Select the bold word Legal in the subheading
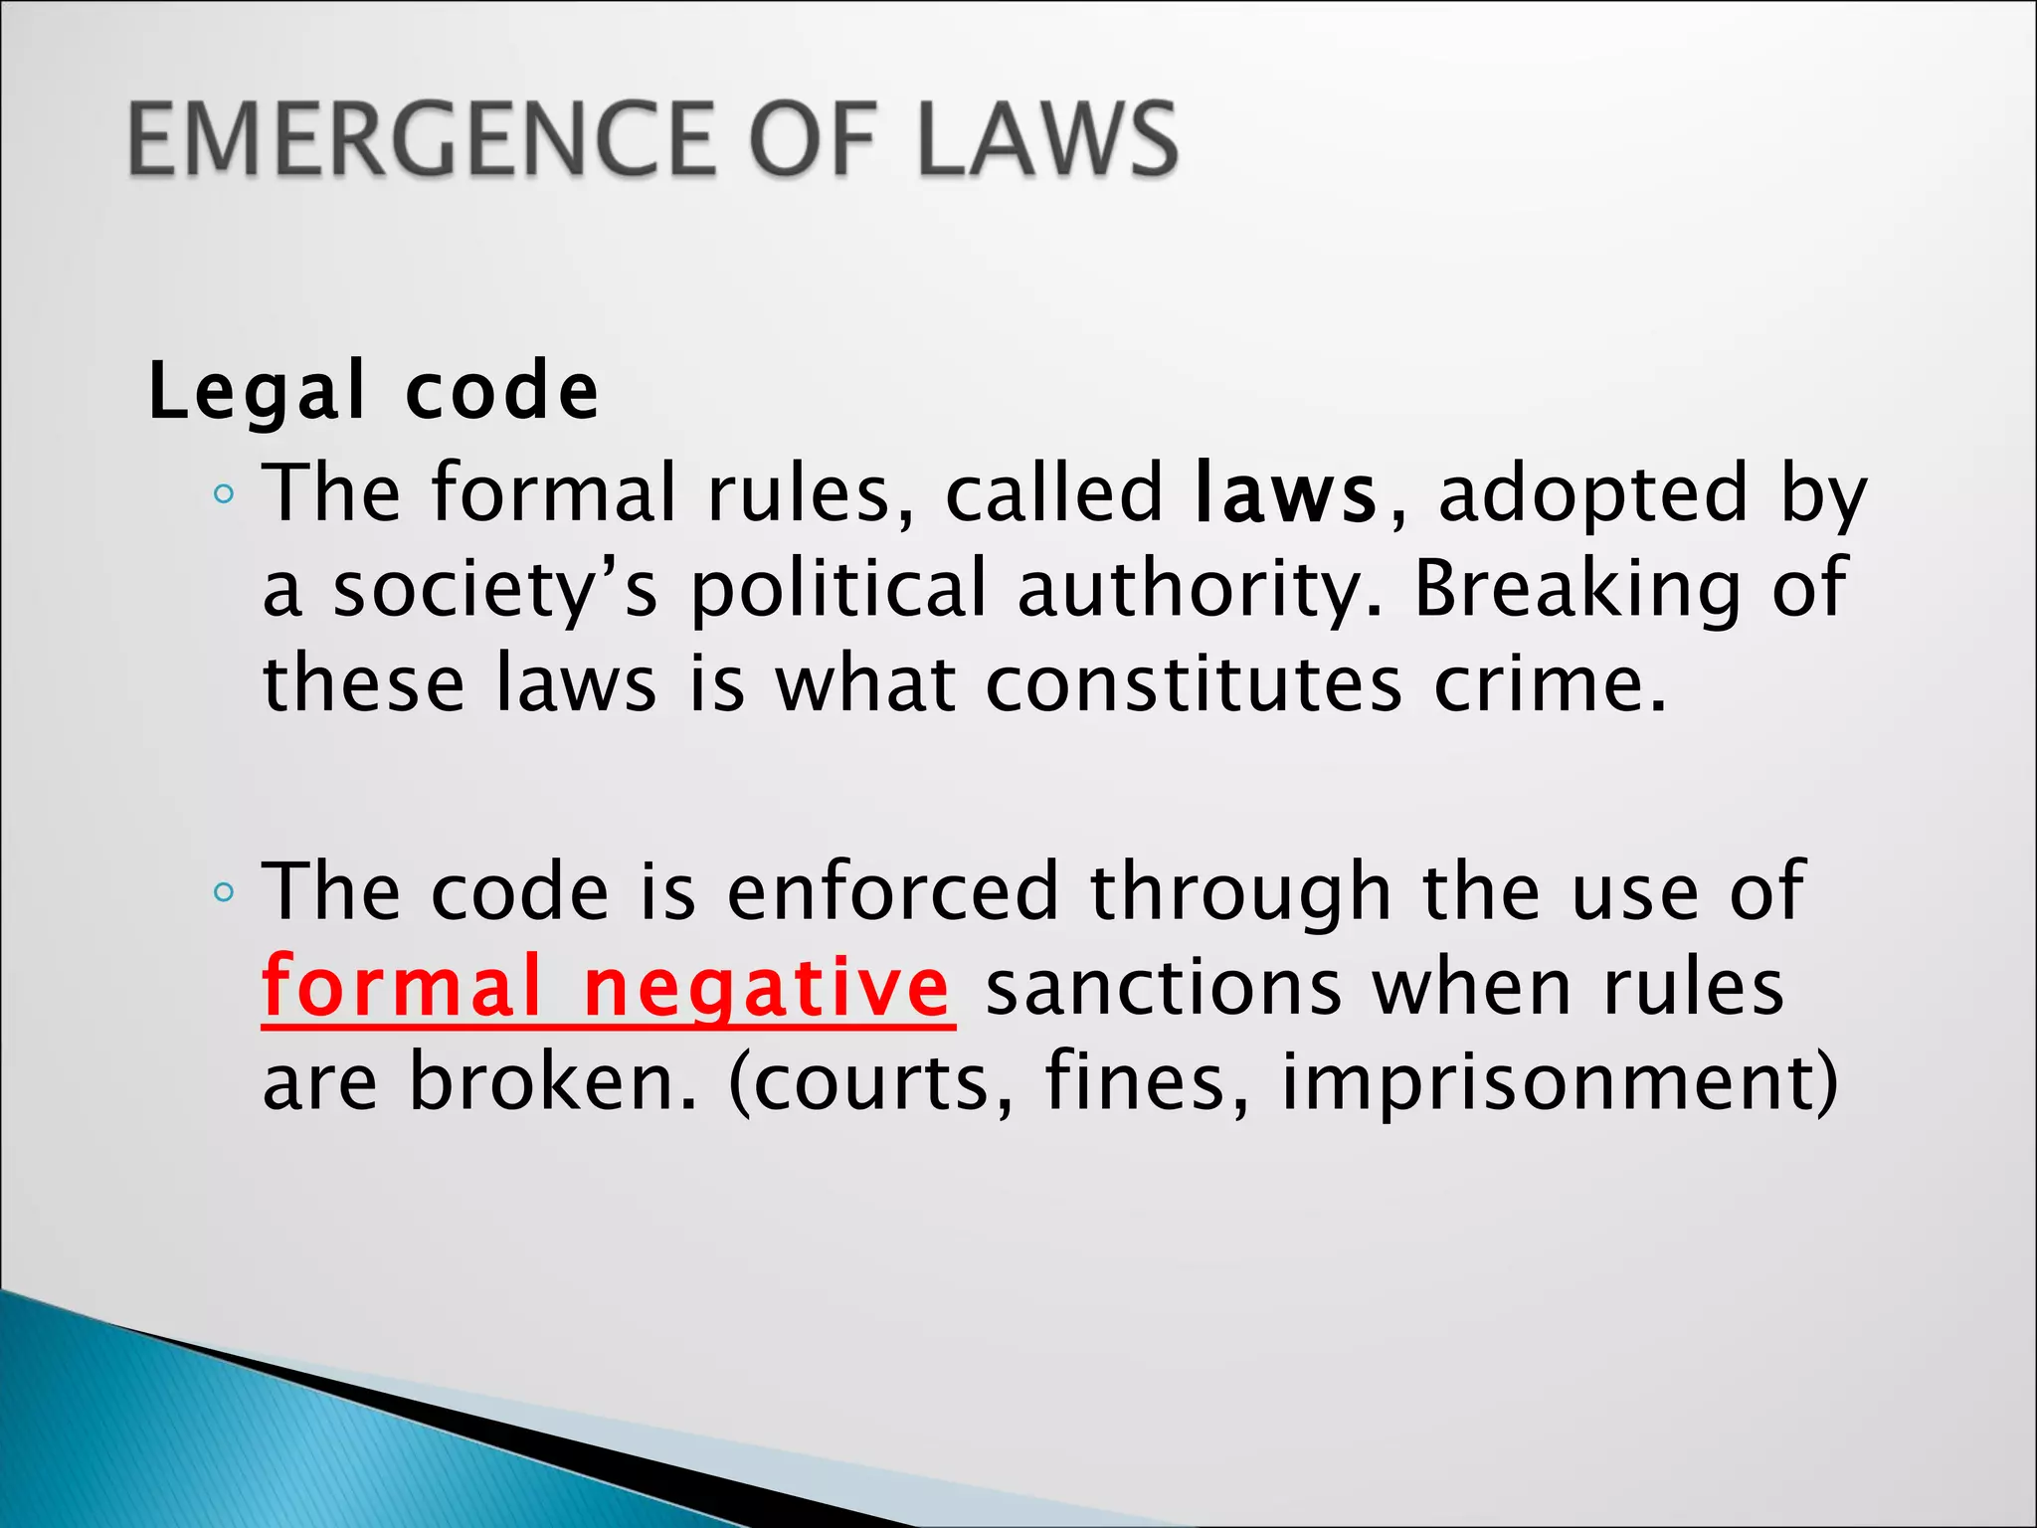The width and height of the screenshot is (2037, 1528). (x=257, y=392)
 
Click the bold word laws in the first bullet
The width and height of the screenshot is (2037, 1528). (x=1285, y=493)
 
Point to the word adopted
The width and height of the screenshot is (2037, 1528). (x=1592, y=493)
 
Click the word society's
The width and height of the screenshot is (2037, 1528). (x=494, y=589)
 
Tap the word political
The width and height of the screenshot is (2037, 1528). (x=838, y=589)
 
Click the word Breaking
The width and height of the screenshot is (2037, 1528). (x=1576, y=589)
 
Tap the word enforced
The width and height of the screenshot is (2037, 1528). (x=892, y=891)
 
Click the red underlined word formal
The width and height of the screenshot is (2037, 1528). (x=402, y=987)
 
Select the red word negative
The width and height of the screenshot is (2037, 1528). (x=766, y=987)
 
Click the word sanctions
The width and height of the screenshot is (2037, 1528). (x=1164, y=987)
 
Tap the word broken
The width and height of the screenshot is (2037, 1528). (x=553, y=1082)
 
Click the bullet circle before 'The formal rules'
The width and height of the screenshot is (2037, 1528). (x=224, y=494)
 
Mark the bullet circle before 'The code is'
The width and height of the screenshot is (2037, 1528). (x=224, y=892)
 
